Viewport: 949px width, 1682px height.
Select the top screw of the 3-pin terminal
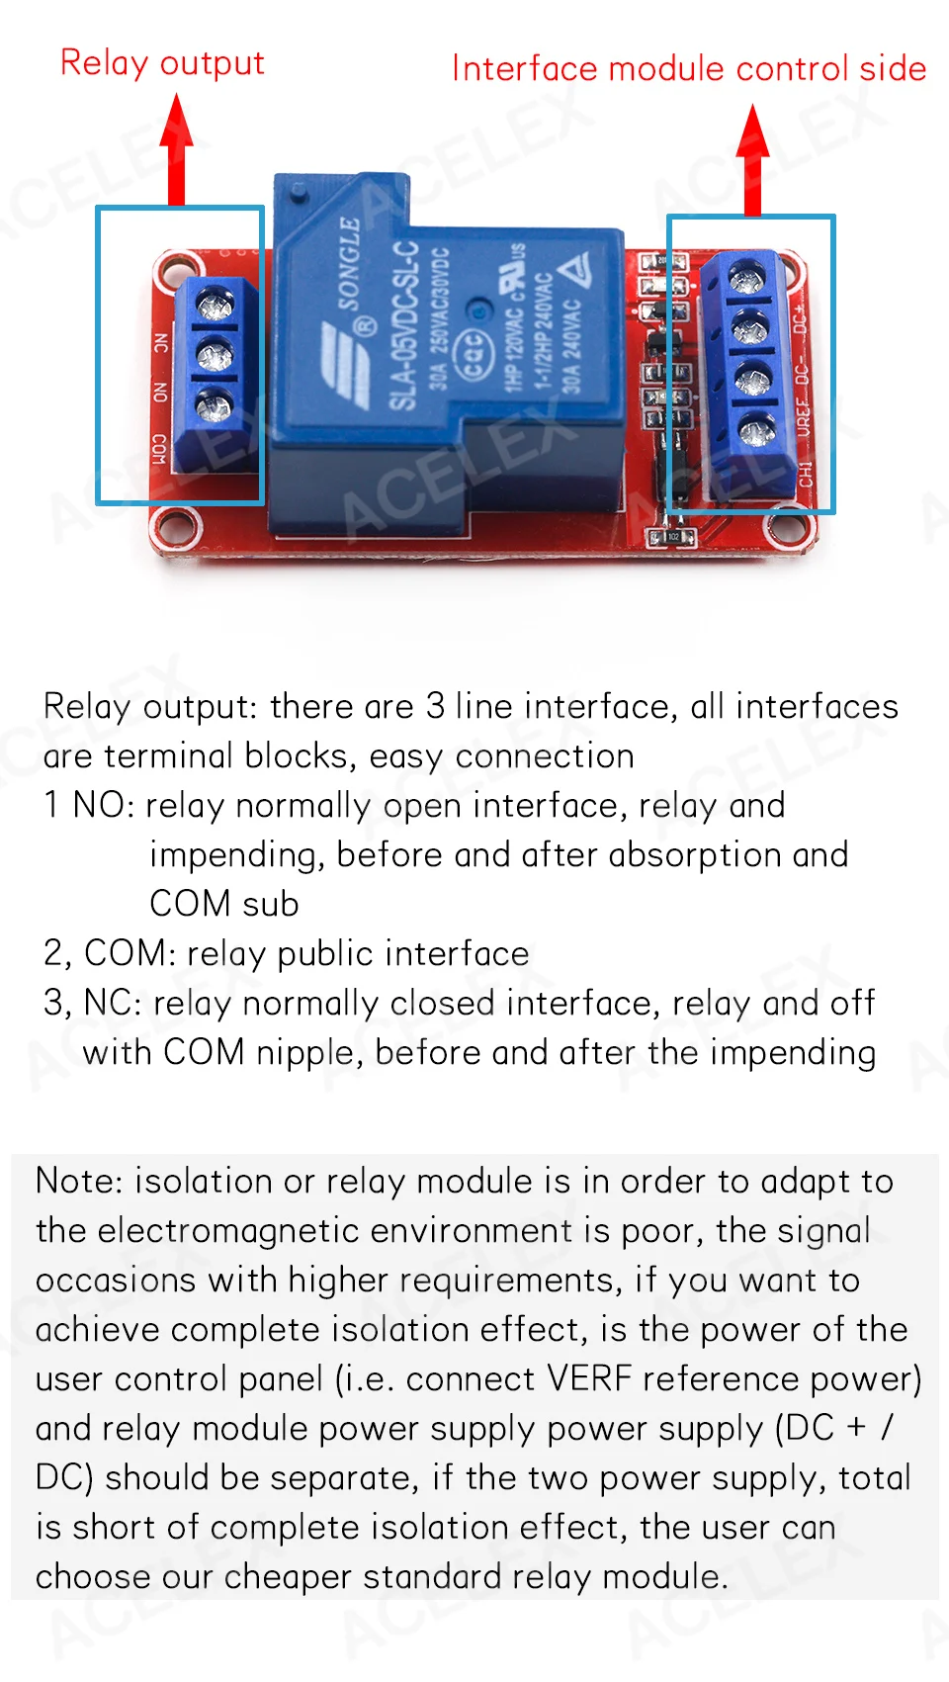pyautogui.click(x=215, y=304)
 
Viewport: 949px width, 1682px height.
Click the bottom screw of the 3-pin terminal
pyautogui.click(x=215, y=405)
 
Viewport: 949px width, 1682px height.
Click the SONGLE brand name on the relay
pyautogui.click(x=349, y=263)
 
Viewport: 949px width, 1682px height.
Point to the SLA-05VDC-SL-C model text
pyautogui.click(x=402, y=325)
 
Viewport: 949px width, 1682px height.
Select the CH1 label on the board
pyautogui.click(x=806, y=474)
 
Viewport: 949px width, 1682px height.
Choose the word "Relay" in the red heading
pyautogui.click(x=104, y=63)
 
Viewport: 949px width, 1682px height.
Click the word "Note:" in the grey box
pyautogui.click(x=79, y=1182)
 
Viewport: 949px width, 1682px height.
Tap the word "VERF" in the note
pyautogui.click(x=589, y=1378)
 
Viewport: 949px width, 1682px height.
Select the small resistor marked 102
pyautogui.click(x=671, y=537)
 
